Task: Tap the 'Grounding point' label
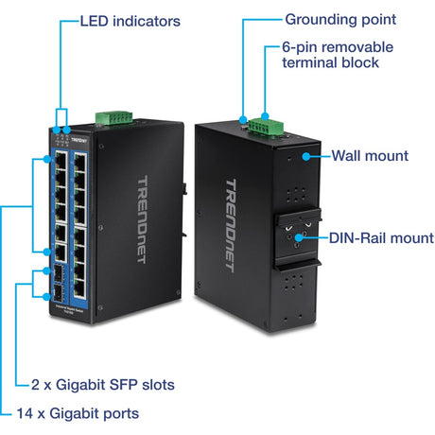tap(340, 19)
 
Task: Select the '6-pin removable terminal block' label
tap(337, 55)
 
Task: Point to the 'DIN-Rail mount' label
tap(381, 238)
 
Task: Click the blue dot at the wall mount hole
tap(303, 155)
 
